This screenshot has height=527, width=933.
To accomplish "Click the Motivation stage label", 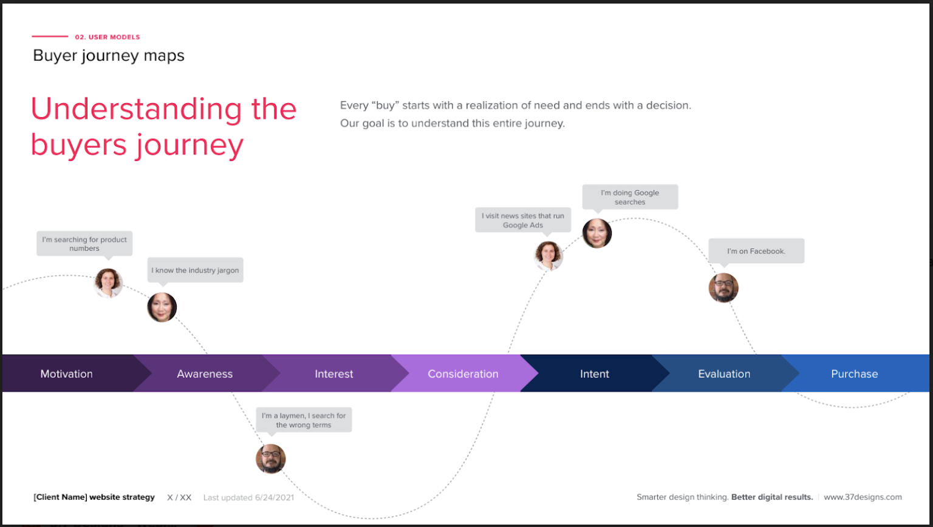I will point(66,374).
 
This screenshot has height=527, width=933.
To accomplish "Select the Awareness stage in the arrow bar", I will point(205,374).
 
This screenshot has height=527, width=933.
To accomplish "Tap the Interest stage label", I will point(333,374).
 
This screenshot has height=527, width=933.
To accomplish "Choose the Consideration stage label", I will point(463,374).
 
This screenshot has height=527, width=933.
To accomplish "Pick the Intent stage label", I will point(594,374).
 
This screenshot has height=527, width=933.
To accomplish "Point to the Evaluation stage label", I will point(724,374).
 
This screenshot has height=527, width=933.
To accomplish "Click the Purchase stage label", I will point(854,374).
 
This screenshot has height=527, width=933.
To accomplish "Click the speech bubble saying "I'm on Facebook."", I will point(756,251).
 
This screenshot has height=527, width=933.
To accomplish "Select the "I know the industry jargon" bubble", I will point(195,270).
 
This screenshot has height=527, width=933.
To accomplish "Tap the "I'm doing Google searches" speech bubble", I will point(630,197).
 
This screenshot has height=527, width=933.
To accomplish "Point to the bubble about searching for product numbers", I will point(84,243).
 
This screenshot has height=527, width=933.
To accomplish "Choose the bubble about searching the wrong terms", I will point(304,420).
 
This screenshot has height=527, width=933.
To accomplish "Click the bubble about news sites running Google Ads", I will point(523,220).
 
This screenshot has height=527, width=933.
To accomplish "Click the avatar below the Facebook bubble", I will point(723,288).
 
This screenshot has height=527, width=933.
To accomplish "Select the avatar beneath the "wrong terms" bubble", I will point(270,458).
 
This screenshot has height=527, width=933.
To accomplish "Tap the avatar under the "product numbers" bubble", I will point(109,283).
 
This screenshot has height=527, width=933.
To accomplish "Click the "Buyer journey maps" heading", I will point(109,56).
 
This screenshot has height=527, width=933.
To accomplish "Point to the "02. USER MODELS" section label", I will point(108,37).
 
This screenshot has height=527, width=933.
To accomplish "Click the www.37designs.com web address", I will point(863,497).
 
